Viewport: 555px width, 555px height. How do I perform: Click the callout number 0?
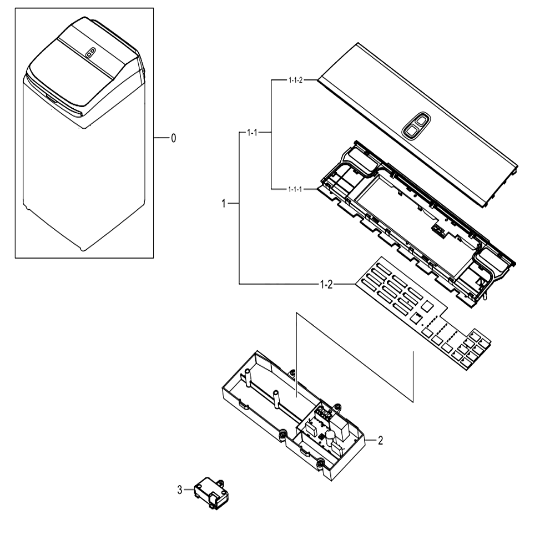coord(173,138)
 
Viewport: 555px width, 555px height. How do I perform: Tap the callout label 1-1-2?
coord(296,80)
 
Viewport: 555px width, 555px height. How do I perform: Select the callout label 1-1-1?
coord(295,189)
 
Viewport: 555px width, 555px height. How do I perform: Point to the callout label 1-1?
coord(252,133)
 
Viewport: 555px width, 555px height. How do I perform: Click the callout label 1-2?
coord(326,284)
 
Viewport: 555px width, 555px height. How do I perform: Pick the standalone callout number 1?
coord(223,204)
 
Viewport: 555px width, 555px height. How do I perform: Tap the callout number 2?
coord(381,441)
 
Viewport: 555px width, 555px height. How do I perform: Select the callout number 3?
coord(180,490)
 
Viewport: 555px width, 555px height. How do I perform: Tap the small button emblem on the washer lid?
coord(90,53)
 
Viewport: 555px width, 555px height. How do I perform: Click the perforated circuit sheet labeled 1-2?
coord(423,313)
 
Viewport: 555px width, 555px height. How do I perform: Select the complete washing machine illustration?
coord(84,133)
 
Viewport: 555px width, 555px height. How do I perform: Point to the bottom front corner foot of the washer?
coord(83,249)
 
